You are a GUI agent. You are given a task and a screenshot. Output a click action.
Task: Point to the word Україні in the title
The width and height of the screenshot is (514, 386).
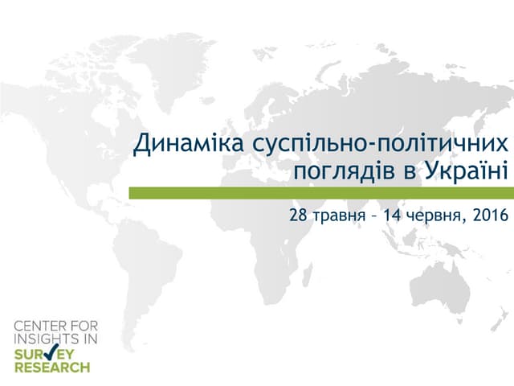(x=467, y=171)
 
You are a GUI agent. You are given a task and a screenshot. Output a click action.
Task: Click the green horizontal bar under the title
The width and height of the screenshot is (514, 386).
(x=321, y=193)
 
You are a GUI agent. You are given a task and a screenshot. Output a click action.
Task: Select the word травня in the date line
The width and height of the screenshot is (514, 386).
(x=337, y=216)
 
